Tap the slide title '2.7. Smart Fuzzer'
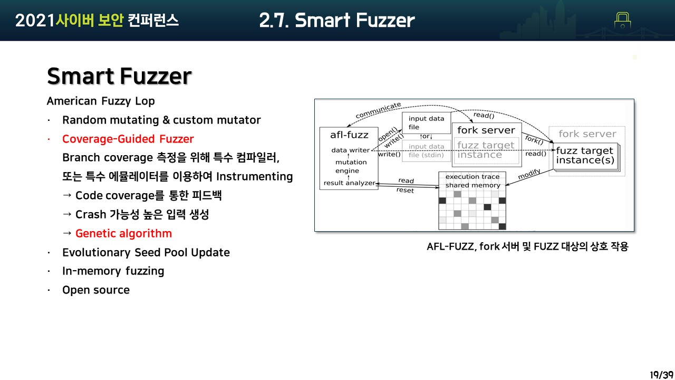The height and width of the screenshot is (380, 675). point(337,21)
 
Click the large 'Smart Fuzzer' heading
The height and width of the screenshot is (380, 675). point(119,76)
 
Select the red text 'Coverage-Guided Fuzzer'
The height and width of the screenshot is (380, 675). point(128,139)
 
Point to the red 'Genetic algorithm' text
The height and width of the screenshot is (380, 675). point(123,233)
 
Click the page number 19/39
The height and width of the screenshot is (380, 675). point(661,374)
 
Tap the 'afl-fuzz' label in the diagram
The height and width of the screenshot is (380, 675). point(349,135)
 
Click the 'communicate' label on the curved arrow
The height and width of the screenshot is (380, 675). point(378,110)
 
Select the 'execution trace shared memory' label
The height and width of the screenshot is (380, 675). point(472,181)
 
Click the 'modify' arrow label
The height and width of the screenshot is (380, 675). point(529,174)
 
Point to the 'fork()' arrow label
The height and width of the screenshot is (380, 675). point(534,140)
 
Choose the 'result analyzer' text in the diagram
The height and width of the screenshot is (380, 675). point(349,183)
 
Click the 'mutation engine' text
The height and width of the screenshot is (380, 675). point(351,166)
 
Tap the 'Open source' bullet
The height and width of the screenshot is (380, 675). point(95,290)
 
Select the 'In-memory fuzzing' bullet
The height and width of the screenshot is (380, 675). point(113,271)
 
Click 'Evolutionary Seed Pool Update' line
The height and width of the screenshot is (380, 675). point(146,252)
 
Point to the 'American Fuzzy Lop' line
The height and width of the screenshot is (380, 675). point(101,101)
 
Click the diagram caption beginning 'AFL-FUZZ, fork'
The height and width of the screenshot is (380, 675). point(527,246)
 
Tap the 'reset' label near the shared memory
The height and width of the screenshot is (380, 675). point(405,190)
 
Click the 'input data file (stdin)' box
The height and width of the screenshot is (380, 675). point(426,150)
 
